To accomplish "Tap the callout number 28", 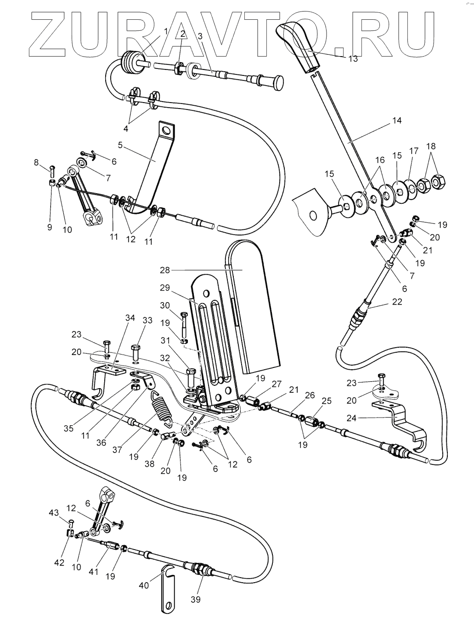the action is pyautogui.click(x=165, y=270).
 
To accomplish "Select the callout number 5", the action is pyautogui.click(x=120, y=145).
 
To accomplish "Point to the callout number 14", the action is pyautogui.click(x=397, y=120).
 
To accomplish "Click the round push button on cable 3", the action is pyautogui.click(x=276, y=83).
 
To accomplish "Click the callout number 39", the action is pyautogui.click(x=195, y=599).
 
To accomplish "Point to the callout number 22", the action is pyautogui.click(x=397, y=302).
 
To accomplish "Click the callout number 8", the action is pyautogui.click(x=36, y=162).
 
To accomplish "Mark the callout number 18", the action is pyautogui.click(x=431, y=146).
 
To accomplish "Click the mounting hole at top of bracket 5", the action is pyautogui.click(x=165, y=131).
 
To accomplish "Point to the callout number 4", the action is pyautogui.click(x=126, y=129).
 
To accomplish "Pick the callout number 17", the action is pyautogui.click(x=414, y=151).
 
